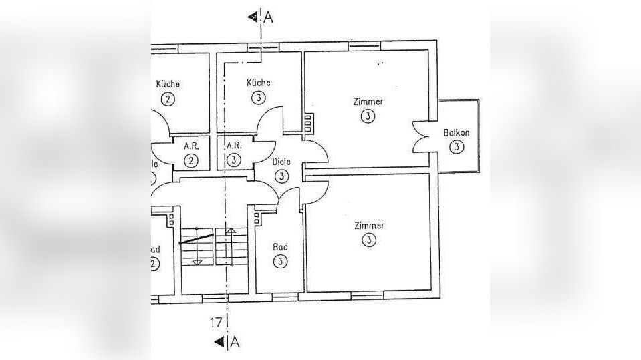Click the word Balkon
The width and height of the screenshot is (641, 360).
tap(456, 132)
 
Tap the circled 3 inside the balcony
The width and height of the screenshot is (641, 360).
tap(456, 146)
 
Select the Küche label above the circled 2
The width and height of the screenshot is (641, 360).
tap(168, 84)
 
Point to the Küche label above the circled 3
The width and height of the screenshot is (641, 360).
tap(259, 83)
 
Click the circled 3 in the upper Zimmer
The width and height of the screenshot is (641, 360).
tap(368, 116)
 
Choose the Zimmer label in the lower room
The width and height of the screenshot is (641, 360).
tap(369, 225)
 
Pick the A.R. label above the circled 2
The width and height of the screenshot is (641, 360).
tap(191, 145)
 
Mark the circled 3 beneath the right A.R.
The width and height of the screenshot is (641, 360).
tap(233, 160)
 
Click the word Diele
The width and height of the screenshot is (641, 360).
tap(281, 161)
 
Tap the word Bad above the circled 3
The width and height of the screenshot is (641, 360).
tap(280, 247)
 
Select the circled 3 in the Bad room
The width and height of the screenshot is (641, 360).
tap(280, 262)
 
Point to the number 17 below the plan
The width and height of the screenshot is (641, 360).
tap(216, 323)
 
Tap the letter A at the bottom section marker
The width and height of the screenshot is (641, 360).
tap(235, 343)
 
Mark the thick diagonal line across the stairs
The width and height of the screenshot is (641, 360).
tap(196, 238)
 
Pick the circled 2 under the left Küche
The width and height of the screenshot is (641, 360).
tap(167, 100)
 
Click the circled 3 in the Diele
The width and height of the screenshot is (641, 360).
tap(281, 176)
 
